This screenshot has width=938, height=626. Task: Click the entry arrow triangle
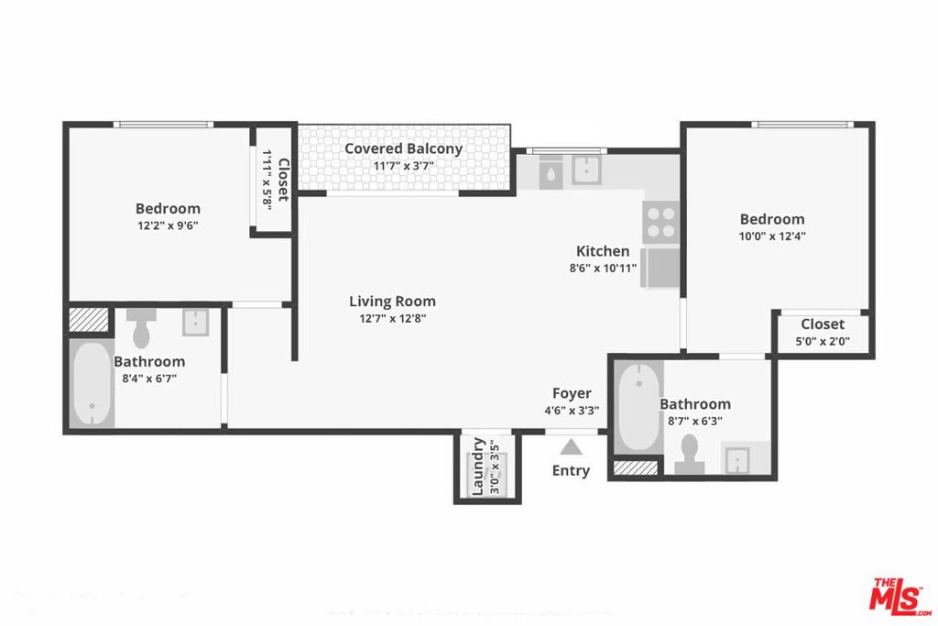pos(571,446)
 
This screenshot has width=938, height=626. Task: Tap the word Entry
pos(571,471)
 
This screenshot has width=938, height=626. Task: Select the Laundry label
pos(477,467)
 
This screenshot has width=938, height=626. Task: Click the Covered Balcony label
pos(403,148)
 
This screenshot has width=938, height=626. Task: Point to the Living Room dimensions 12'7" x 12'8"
pos(393,319)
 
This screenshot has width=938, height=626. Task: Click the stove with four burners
pos(661,221)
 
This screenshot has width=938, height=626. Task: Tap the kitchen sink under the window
pos(585,170)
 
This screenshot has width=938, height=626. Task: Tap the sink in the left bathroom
pos(196,322)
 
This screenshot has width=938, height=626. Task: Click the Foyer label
pos(572,393)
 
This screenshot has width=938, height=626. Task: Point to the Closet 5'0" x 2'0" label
pos(823,324)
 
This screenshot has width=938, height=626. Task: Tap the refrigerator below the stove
pos(660,268)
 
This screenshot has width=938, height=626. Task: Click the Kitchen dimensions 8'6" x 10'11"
pos(603,269)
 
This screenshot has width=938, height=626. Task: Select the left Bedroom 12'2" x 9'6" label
pos(168,208)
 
